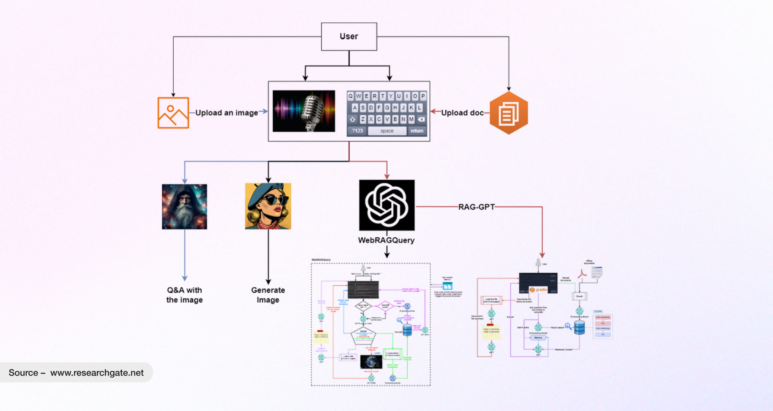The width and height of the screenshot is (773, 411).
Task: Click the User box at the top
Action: (x=349, y=37)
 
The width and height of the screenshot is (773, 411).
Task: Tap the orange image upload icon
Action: (x=173, y=113)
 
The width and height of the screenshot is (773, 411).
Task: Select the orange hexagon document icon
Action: (x=508, y=113)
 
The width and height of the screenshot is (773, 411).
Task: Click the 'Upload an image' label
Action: (x=226, y=113)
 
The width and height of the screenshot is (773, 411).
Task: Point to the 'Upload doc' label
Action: (x=462, y=113)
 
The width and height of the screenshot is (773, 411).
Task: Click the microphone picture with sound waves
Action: (x=304, y=111)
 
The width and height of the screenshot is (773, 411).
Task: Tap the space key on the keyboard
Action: (x=387, y=131)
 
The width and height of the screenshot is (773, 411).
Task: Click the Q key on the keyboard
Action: (x=351, y=96)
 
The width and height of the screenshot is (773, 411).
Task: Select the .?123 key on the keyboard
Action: (x=357, y=131)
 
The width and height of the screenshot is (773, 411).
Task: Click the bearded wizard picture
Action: (x=184, y=207)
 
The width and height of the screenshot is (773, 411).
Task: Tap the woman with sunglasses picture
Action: (x=268, y=206)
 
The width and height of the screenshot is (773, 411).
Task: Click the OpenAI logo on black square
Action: (x=386, y=205)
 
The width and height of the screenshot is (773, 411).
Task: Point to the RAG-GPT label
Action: (x=476, y=207)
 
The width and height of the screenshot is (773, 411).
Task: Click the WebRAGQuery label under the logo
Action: (x=386, y=240)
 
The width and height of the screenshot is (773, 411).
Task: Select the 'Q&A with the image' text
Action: (x=184, y=295)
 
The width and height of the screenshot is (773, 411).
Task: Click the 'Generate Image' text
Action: (x=268, y=295)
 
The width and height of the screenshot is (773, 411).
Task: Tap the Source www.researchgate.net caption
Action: (x=76, y=373)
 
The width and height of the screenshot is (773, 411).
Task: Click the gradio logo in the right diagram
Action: (x=538, y=290)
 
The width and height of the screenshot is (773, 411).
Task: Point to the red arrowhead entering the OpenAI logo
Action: (x=387, y=176)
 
